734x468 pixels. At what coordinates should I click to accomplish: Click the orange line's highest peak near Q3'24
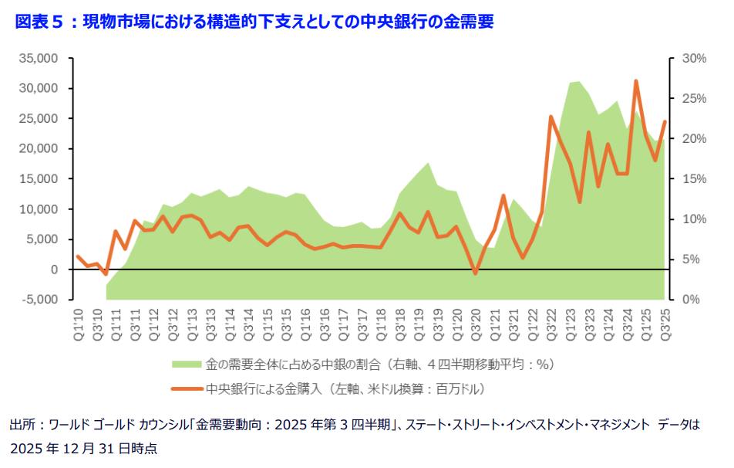(x=636, y=80)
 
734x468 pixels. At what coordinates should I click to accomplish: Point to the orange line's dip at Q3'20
(x=475, y=273)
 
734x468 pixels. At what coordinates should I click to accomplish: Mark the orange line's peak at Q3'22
(x=551, y=117)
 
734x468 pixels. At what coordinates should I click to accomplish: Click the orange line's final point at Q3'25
(x=665, y=122)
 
